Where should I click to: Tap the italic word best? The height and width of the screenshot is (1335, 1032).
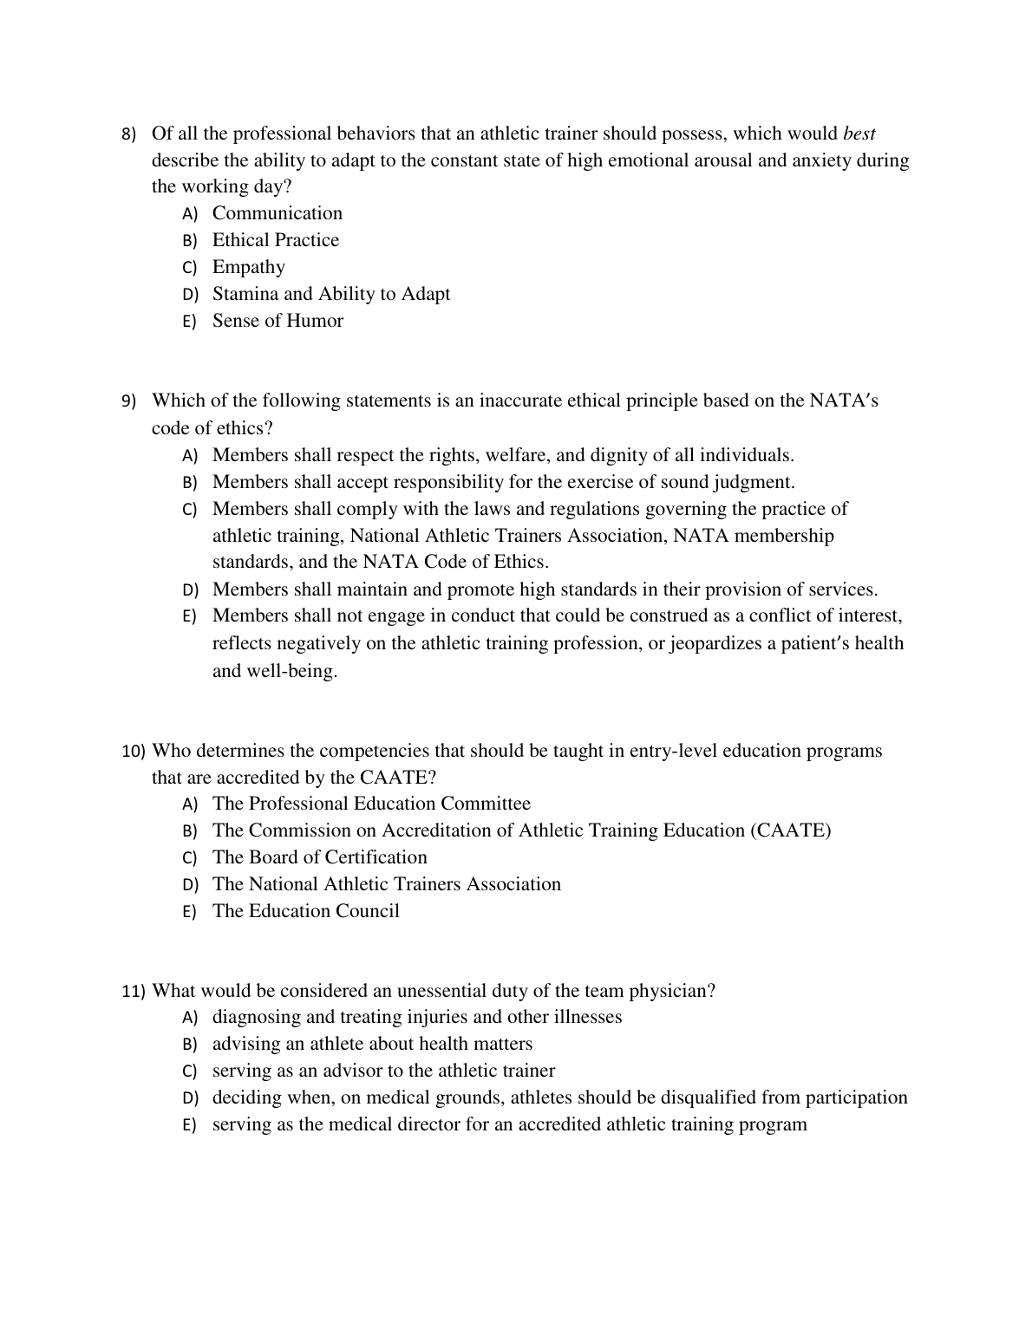coord(859,133)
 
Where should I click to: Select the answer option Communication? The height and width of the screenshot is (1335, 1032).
coord(277,213)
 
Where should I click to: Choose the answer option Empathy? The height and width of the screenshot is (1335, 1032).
coord(248,267)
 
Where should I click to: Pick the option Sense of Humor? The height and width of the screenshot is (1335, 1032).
coord(278,321)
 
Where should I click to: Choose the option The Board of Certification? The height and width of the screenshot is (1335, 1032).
coord(319,857)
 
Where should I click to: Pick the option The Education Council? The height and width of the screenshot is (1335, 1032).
coord(305,911)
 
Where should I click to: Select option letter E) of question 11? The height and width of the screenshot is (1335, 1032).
coord(189,1126)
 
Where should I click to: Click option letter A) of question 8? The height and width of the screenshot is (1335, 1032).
coord(189,214)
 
